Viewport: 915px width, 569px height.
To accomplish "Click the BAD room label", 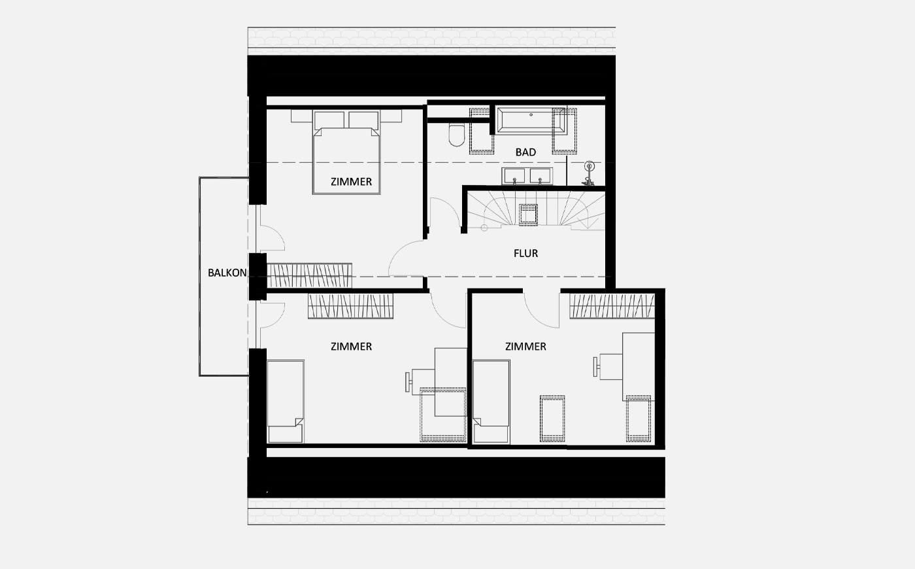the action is [x=525, y=152].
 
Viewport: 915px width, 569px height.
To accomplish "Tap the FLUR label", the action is [x=525, y=254].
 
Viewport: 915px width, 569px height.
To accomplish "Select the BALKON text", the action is [x=227, y=273].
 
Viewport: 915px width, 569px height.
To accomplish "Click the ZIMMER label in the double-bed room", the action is [x=352, y=182].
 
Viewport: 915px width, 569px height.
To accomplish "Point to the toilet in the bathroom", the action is [x=456, y=135].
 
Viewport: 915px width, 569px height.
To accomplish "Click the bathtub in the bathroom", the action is [x=530, y=120].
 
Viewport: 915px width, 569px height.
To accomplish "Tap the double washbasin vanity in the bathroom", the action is [x=527, y=176].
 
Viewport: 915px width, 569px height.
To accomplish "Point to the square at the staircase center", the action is [x=528, y=215].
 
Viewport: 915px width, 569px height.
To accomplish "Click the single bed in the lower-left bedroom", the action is [x=286, y=402].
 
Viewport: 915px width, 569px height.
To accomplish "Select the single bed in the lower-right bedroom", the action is [x=491, y=402].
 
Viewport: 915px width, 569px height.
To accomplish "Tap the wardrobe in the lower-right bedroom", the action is [x=612, y=306].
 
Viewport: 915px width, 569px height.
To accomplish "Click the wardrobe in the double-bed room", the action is [x=309, y=275].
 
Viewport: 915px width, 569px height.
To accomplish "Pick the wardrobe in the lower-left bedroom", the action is [x=350, y=306].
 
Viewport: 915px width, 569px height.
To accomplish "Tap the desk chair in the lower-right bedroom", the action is [x=608, y=367].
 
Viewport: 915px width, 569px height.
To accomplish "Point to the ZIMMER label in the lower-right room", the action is [x=525, y=347].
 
